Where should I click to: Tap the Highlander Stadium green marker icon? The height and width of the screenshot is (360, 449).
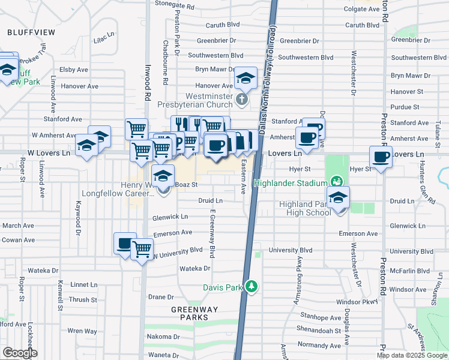point(337,181)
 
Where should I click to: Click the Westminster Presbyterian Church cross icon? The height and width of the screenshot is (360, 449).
point(242,99)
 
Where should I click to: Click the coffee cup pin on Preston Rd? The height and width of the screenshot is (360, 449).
point(381,157)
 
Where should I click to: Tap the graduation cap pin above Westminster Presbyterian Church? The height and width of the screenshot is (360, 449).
point(246,78)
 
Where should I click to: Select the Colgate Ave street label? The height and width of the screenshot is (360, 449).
point(361,9)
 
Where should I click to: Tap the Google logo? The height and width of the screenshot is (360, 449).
point(19,353)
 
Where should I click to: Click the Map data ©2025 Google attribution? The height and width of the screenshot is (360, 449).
point(412,355)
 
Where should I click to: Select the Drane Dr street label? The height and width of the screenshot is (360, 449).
point(161,297)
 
